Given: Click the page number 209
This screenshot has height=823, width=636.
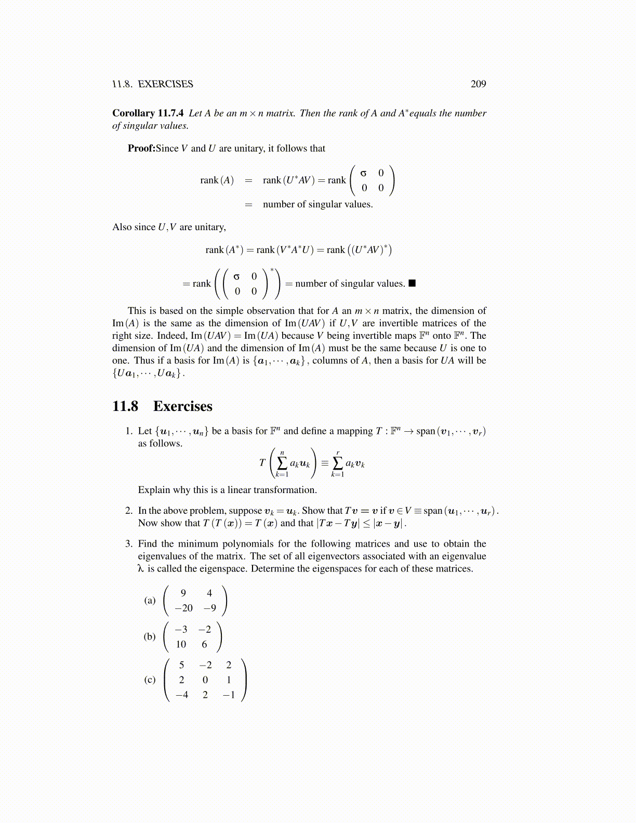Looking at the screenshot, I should [x=478, y=84].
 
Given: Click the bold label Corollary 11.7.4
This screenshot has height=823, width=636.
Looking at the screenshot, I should [x=148, y=113].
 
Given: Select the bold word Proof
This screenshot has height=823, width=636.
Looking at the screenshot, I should [x=141, y=149].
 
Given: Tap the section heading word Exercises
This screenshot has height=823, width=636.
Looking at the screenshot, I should [x=183, y=406].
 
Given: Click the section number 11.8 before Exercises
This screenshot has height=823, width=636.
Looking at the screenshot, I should [x=125, y=406].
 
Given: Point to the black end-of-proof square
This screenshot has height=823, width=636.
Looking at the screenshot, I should [x=412, y=283].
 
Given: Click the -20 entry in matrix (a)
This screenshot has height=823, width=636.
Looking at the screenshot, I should [x=183, y=608].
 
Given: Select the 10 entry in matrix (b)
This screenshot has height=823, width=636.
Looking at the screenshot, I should [x=181, y=644].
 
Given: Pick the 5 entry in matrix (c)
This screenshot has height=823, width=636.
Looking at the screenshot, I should [x=181, y=665].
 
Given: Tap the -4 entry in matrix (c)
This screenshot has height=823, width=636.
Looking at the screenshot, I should [x=181, y=695].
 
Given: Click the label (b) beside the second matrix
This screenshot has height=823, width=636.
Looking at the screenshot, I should [x=150, y=636].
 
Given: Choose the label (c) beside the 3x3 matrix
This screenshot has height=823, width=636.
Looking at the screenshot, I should [x=150, y=680].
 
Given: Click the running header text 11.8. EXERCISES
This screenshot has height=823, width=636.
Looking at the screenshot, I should [x=153, y=84].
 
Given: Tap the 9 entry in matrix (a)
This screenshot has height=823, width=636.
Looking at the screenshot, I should [x=183, y=593].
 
